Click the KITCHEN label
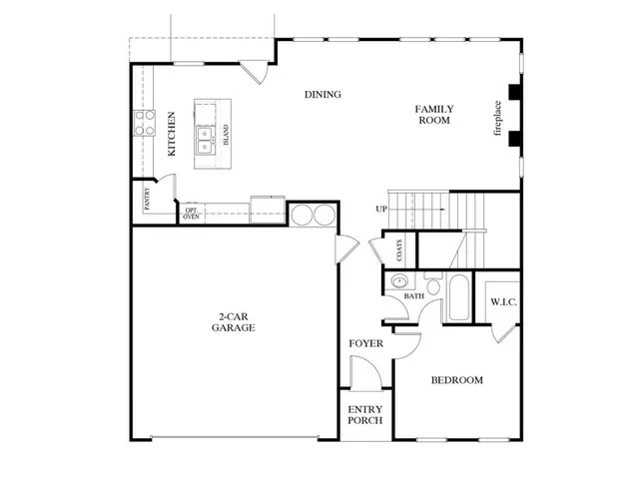point(173,135)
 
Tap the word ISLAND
point(227,135)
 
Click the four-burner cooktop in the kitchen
point(146,123)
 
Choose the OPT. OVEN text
point(190,214)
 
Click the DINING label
point(323,95)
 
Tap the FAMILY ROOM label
point(434,114)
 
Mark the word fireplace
point(498,119)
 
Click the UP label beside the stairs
point(381,209)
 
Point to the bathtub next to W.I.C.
point(458,296)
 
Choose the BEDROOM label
point(456,380)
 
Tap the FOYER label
point(365,344)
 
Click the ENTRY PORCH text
point(365,415)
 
